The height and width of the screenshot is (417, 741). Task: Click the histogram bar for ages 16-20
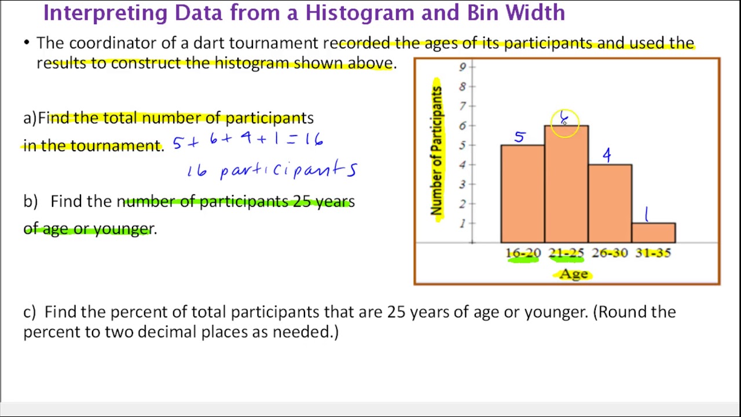(x=522, y=194)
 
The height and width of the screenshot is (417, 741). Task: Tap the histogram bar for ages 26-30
(x=610, y=204)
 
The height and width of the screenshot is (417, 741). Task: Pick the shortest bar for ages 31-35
(x=654, y=233)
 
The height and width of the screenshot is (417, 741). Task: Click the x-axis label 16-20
(x=523, y=253)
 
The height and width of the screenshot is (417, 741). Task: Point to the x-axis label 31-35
(x=653, y=253)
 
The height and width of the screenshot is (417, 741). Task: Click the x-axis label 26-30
(x=610, y=253)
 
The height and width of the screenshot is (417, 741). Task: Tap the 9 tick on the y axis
(x=463, y=67)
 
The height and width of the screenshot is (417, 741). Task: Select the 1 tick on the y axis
(x=463, y=224)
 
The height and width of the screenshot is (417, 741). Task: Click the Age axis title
(x=574, y=274)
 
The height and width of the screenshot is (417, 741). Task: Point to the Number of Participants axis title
(x=436, y=151)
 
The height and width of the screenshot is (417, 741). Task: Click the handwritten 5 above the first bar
(x=519, y=137)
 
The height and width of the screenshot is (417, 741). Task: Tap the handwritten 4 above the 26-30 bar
(x=606, y=155)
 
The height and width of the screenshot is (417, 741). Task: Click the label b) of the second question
(x=30, y=202)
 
